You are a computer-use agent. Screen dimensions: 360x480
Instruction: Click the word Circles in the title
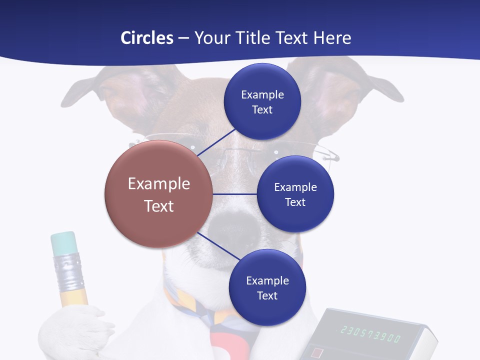click(147, 38)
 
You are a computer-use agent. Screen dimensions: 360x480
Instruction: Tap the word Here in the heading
click(332, 38)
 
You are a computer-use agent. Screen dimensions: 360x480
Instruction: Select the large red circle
click(158, 194)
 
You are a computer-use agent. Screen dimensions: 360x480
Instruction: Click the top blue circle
click(262, 102)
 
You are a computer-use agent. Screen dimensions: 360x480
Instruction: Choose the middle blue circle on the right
click(295, 194)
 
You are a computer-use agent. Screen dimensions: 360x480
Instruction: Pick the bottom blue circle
click(267, 288)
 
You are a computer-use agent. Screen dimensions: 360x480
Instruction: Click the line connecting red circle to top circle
click(217, 142)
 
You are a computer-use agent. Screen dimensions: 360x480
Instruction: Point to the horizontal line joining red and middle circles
click(234, 194)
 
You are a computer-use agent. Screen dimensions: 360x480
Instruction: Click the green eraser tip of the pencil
click(63, 242)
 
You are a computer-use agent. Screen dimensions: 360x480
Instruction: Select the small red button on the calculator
click(316, 352)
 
